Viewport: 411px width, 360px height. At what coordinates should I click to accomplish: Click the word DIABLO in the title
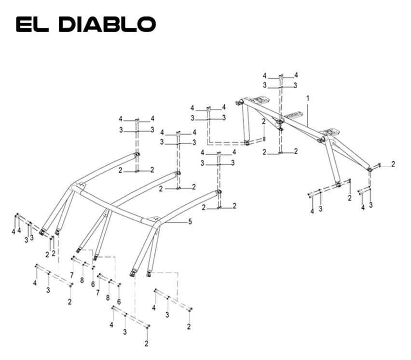coord(110,25)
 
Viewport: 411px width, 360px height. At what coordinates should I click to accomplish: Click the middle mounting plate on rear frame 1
coord(295,116)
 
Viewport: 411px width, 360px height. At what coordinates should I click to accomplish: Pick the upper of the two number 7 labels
coord(72,275)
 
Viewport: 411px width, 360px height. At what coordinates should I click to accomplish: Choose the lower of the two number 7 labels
coord(98,293)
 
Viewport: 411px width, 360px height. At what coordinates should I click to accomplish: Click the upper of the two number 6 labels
coord(93,284)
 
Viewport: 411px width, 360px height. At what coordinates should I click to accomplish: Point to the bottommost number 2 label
coord(146,344)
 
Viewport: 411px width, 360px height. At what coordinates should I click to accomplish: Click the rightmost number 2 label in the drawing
coord(393,164)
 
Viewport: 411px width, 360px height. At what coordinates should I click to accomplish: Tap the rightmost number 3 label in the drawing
coord(370,205)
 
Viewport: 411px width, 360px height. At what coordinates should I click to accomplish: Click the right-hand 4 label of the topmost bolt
coord(296,75)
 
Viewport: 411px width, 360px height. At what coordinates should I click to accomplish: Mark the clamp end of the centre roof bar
coord(178,173)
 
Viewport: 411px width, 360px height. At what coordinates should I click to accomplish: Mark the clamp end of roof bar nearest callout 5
coord(218,192)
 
